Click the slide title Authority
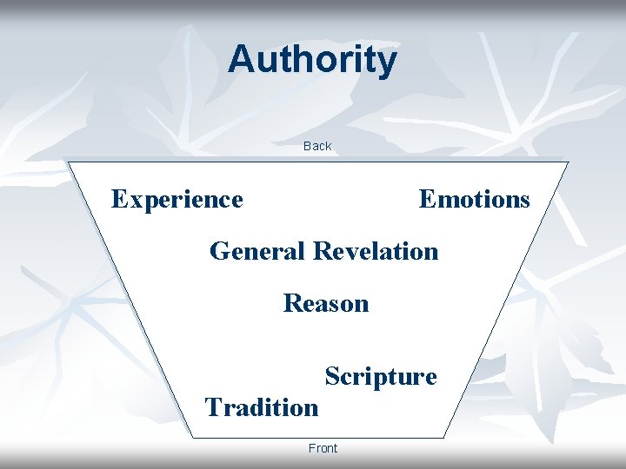(312, 60)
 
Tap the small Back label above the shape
(317, 146)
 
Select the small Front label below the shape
(323, 448)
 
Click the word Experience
(177, 200)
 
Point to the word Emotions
(474, 200)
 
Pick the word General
(257, 252)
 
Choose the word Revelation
(376, 252)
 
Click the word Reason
(326, 304)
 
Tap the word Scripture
(381, 377)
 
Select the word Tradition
(262, 407)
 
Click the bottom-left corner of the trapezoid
(193, 437)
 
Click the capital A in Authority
(241, 60)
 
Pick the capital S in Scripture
(332, 376)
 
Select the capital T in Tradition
(213, 406)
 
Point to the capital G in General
(220, 252)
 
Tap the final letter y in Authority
(388, 63)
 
